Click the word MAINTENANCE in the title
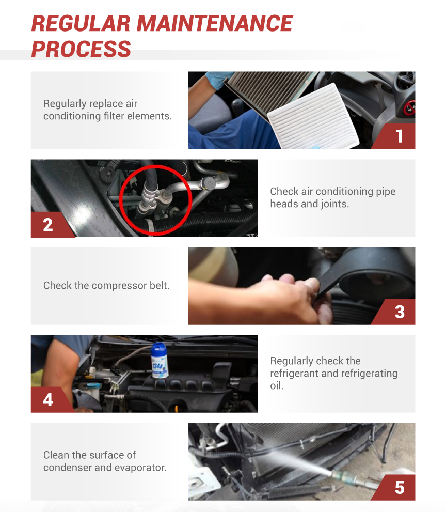214,23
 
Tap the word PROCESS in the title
81,49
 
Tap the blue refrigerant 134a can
159,360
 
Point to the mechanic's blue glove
218,80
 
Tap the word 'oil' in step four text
276,385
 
